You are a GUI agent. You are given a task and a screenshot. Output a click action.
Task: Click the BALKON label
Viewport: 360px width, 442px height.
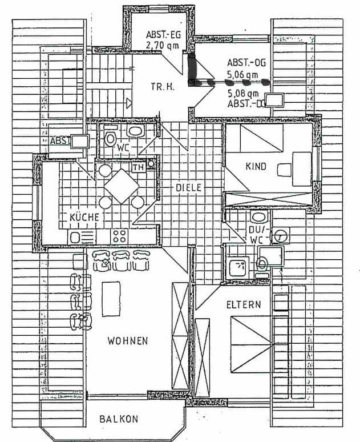pos(119,419)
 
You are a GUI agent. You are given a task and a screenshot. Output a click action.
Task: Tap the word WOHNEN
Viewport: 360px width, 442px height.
pos(128,341)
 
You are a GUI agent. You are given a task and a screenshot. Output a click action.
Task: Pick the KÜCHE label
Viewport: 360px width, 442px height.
pos(84,217)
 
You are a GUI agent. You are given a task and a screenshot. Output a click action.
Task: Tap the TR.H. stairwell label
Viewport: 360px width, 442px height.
pos(162,87)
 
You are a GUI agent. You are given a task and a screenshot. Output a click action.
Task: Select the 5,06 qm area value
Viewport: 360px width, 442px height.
pos(242,74)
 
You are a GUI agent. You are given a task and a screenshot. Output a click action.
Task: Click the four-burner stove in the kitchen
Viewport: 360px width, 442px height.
pos(119,236)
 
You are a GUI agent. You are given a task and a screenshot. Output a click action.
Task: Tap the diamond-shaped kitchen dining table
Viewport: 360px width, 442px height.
pos(121,186)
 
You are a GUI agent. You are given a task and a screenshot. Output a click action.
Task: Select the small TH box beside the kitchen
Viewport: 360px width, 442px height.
pos(138,167)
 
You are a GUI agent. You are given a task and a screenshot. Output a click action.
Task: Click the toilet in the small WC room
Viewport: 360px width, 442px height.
pos(110,138)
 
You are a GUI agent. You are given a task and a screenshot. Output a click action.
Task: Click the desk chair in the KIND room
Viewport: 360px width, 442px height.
pos(284,169)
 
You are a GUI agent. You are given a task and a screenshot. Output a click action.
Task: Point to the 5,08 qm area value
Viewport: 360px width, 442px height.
pos(243,93)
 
